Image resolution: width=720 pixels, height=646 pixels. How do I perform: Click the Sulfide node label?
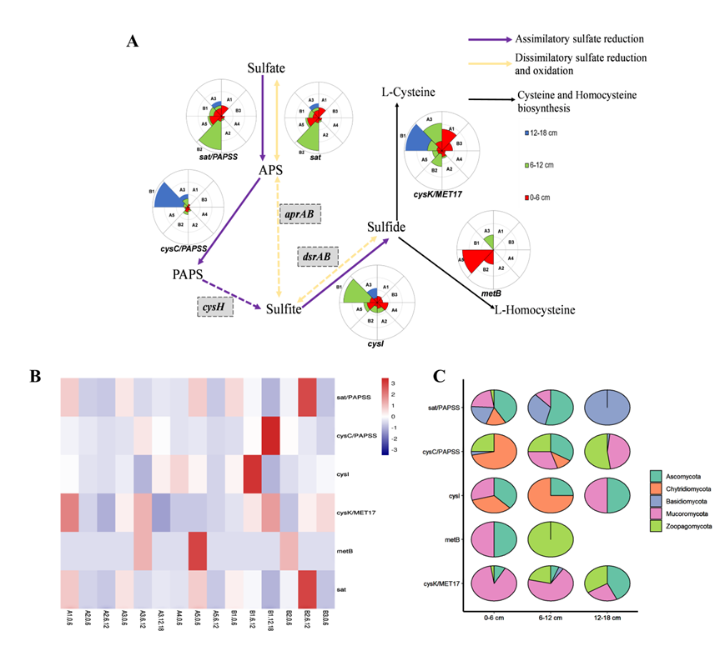click(x=387, y=227)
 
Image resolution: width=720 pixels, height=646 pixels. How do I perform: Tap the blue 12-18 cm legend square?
click(x=528, y=133)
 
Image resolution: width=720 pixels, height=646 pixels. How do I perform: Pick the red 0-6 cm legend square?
click(x=528, y=197)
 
